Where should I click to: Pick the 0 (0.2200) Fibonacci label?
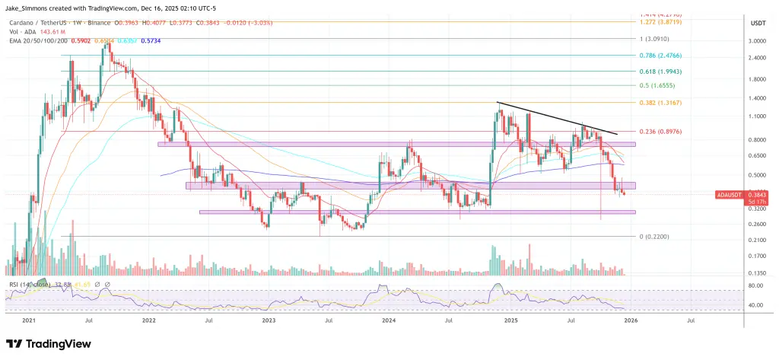point(656,236)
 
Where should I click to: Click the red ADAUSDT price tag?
point(730,196)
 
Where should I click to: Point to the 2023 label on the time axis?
point(267,322)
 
